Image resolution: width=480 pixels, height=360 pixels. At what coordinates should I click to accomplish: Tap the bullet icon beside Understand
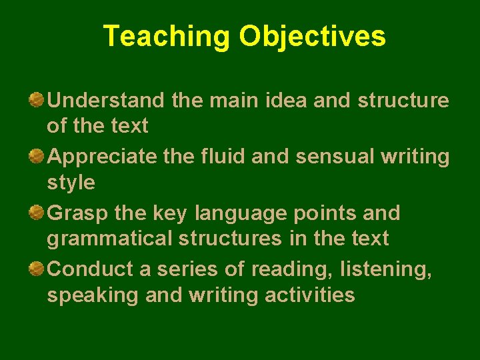click(37, 100)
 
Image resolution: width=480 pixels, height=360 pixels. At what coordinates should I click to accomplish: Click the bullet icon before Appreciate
click(37, 157)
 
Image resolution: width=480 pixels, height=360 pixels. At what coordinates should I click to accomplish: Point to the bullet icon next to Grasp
click(37, 213)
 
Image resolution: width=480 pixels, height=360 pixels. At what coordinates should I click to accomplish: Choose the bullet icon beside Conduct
click(37, 269)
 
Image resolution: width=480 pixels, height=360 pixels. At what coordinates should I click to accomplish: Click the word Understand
click(106, 101)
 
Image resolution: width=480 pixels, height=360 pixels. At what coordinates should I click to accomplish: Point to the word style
click(71, 183)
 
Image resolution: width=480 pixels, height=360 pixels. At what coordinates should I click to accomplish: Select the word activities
click(310, 295)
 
